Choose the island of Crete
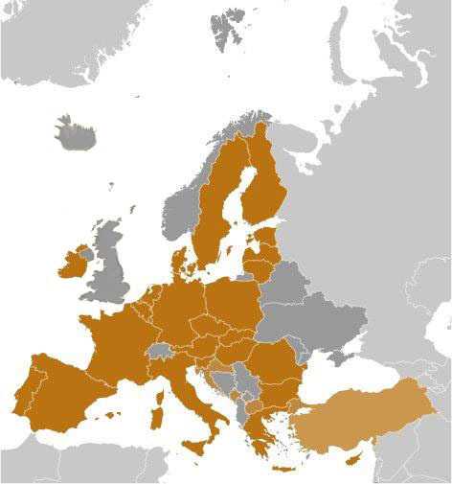click(283, 469)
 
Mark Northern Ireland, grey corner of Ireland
click(84, 252)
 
